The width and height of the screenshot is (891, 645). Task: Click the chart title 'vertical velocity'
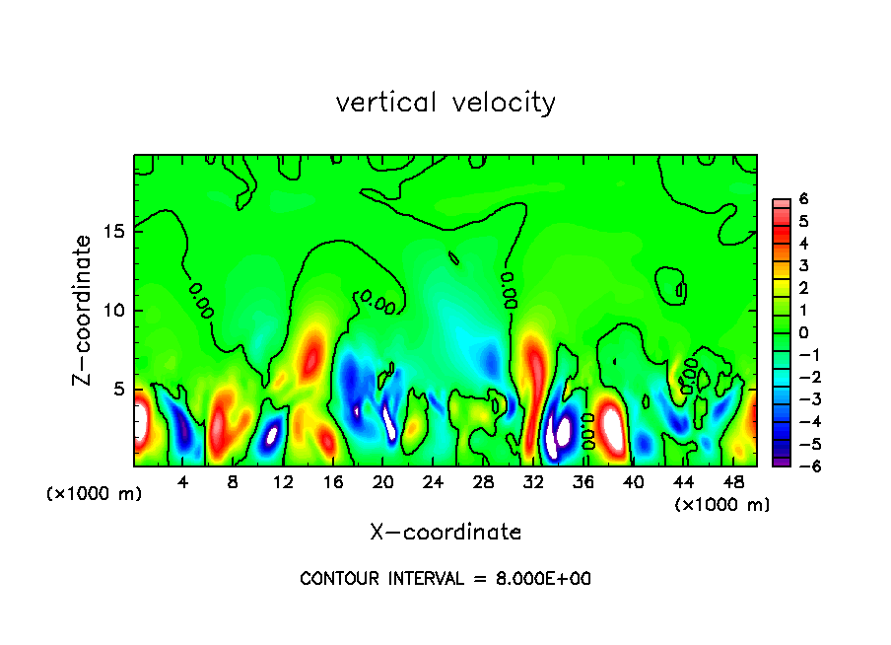445,103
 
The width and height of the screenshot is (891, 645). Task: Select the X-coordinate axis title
445,533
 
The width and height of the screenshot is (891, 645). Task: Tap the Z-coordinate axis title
83,310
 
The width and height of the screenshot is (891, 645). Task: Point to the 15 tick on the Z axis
115,232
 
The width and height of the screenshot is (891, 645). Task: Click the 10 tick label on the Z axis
115,311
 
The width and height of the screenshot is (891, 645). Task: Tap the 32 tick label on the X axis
533,482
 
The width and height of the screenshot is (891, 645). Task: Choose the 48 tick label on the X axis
733,482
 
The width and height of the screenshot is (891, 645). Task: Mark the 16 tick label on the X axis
333,482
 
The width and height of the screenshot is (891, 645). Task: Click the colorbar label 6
803,198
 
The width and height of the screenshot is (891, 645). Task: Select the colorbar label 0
803,332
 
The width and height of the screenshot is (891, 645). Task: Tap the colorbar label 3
803,265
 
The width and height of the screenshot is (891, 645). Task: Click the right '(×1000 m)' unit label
722,505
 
